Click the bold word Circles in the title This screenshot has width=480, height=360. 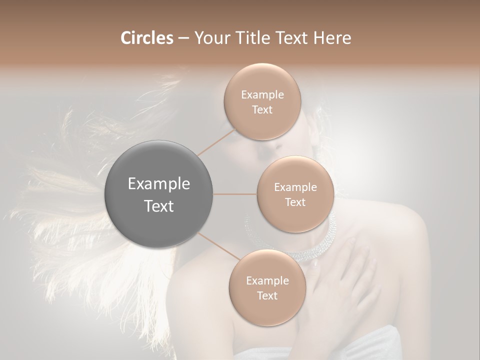coord(146,38)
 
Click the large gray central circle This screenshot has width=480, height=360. coord(159,194)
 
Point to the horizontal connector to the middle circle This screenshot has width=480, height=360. coord(235,194)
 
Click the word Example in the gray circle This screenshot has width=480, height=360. coord(159,184)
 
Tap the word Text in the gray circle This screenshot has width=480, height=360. coord(159,206)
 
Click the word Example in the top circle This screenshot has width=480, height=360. coord(262,95)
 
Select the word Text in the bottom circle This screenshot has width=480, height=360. coord(267,295)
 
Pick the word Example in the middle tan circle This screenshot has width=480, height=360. coord(295,187)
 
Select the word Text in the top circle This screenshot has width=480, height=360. coord(262,109)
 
